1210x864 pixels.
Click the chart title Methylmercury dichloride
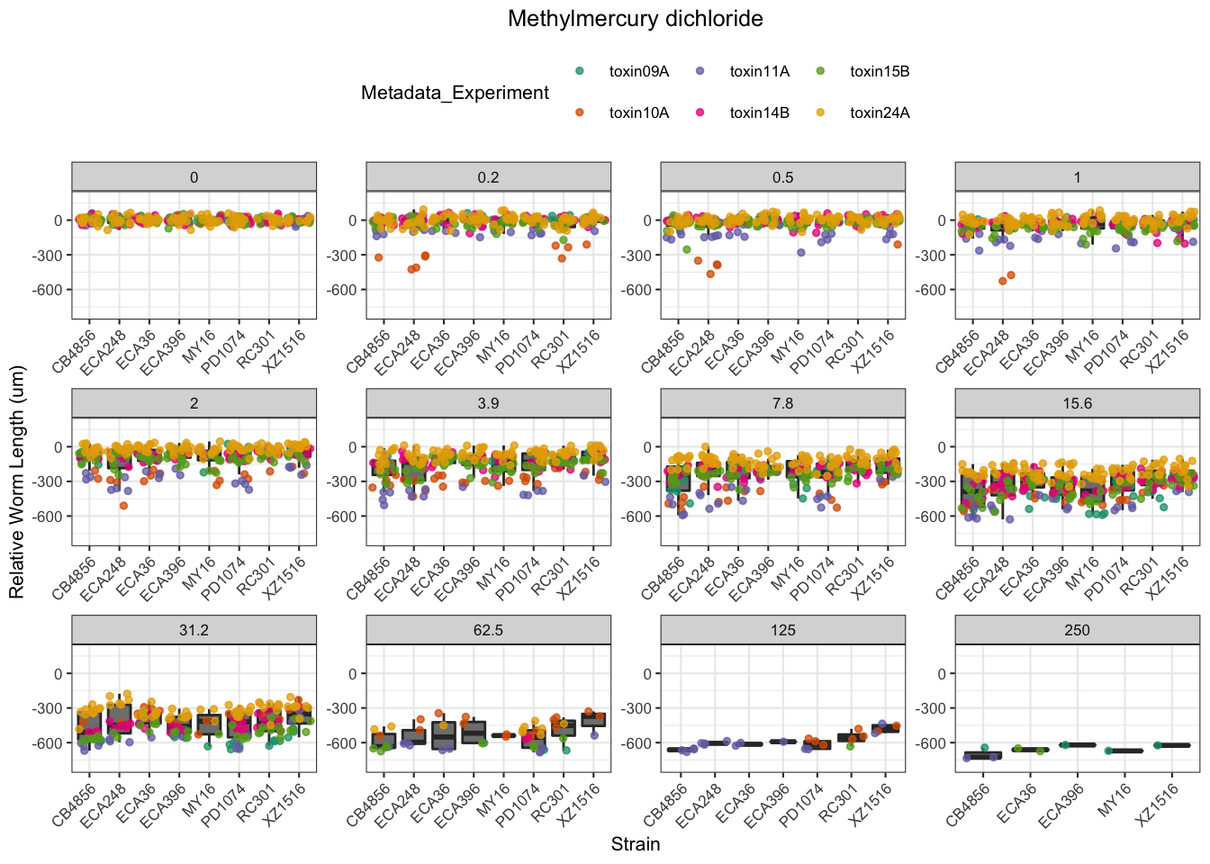[x=635, y=19]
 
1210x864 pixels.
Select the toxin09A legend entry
[x=638, y=72]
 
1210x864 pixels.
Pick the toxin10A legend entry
[x=638, y=112]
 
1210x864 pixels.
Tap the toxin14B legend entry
[x=759, y=112]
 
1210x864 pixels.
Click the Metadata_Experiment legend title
[x=455, y=93]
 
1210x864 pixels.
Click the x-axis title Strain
[x=635, y=844]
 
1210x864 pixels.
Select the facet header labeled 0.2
[x=488, y=177]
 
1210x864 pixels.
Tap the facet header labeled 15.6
[x=1077, y=403]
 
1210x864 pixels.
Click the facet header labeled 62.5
[x=488, y=630]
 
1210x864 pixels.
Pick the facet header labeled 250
[x=1077, y=630]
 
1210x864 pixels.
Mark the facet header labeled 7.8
[x=782, y=403]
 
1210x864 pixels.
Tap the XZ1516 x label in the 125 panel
[x=874, y=804]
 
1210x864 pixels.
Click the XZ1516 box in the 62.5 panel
[x=593, y=719]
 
